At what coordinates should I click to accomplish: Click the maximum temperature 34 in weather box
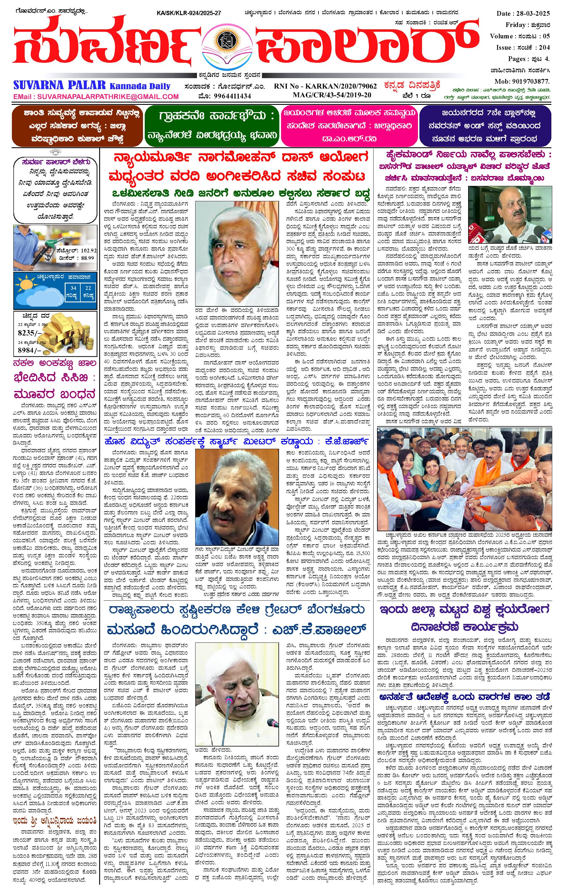74,288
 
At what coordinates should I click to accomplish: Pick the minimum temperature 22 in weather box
88,288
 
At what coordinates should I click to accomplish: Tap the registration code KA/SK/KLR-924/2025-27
189,13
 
